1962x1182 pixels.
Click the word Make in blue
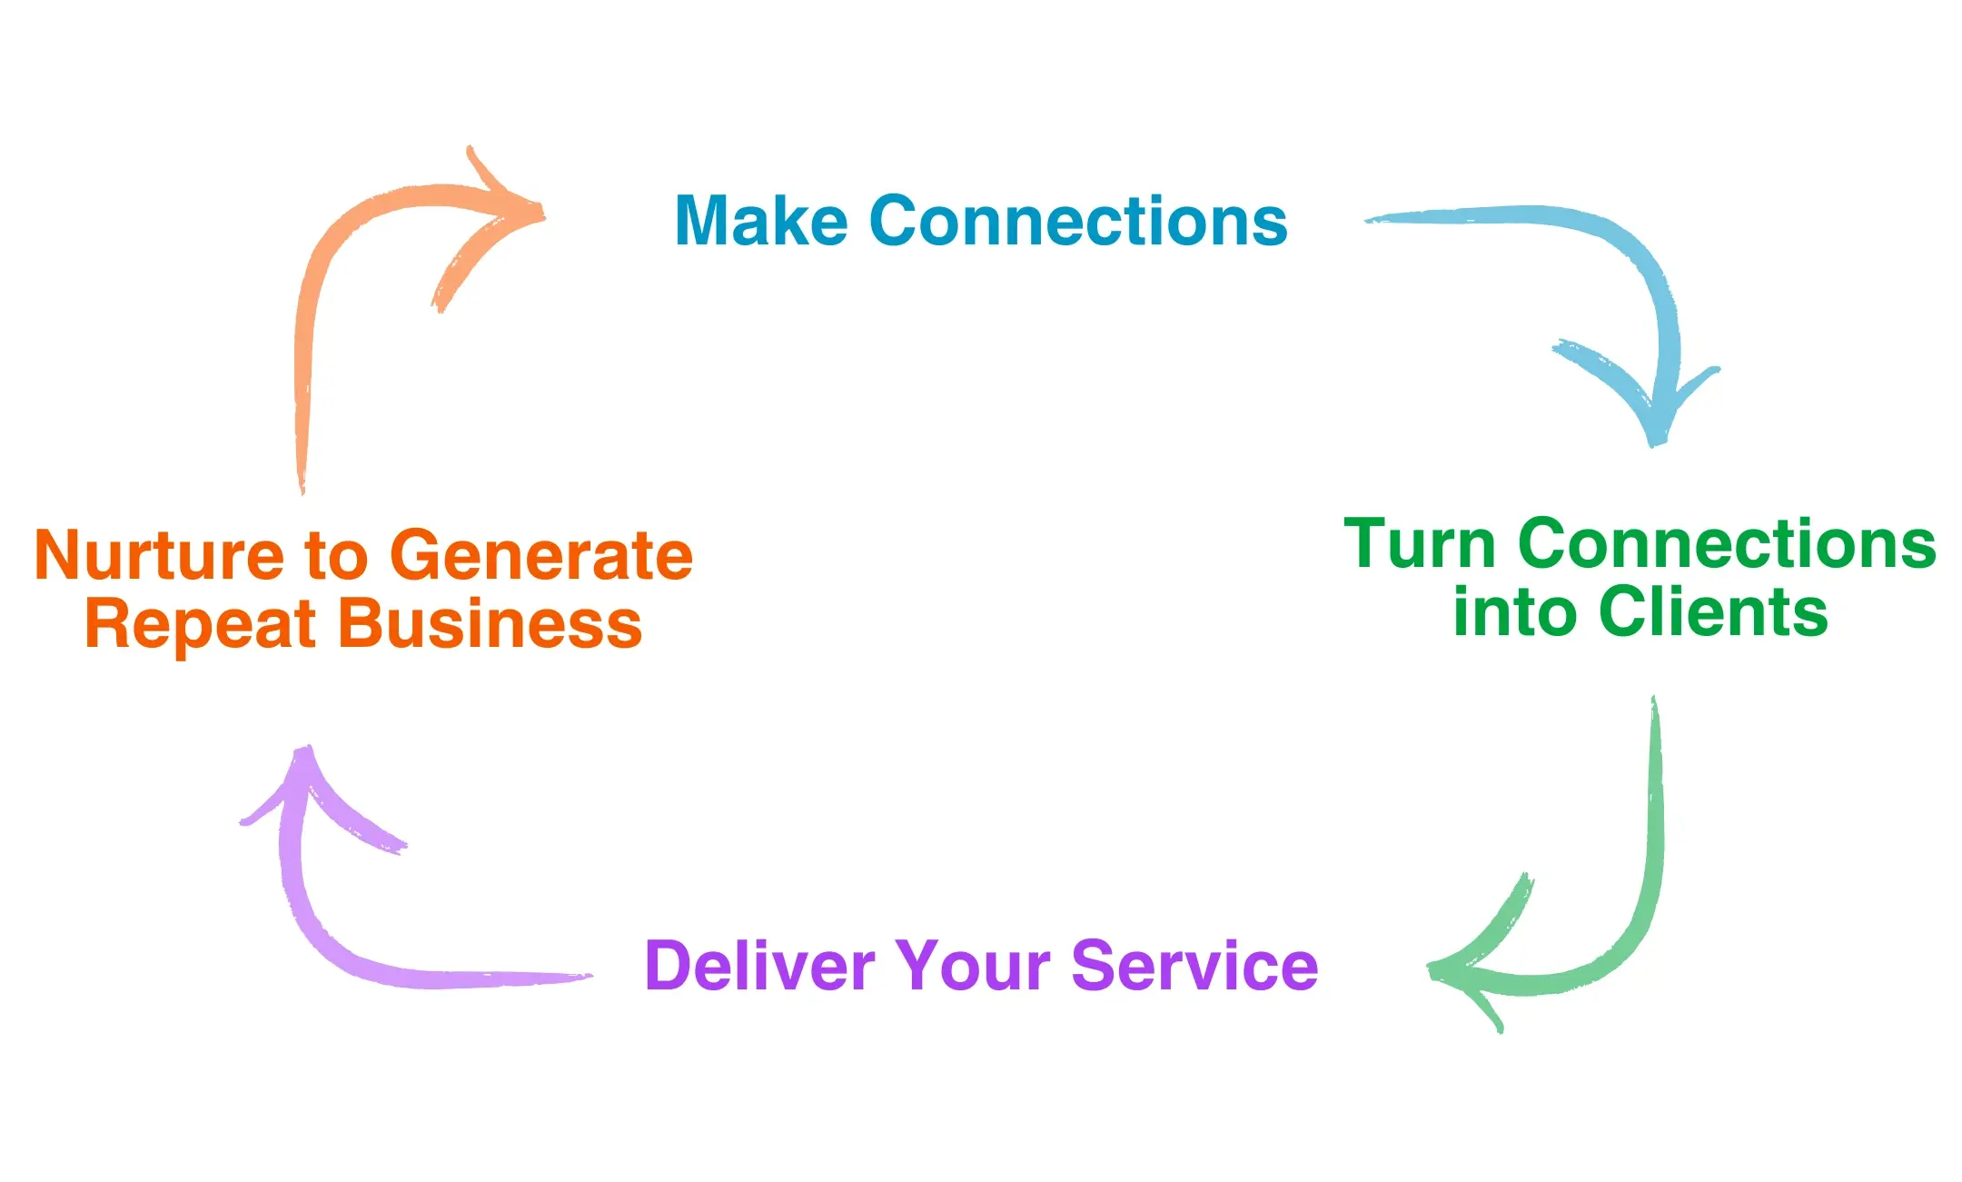pos(761,222)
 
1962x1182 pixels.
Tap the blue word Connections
pos(1078,222)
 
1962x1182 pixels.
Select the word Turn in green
pos(1419,544)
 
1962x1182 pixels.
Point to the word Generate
pos(541,555)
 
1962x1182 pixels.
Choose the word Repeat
pos(200,625)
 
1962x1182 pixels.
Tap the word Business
pos(490,625)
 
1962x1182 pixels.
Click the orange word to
pos(336,557)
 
